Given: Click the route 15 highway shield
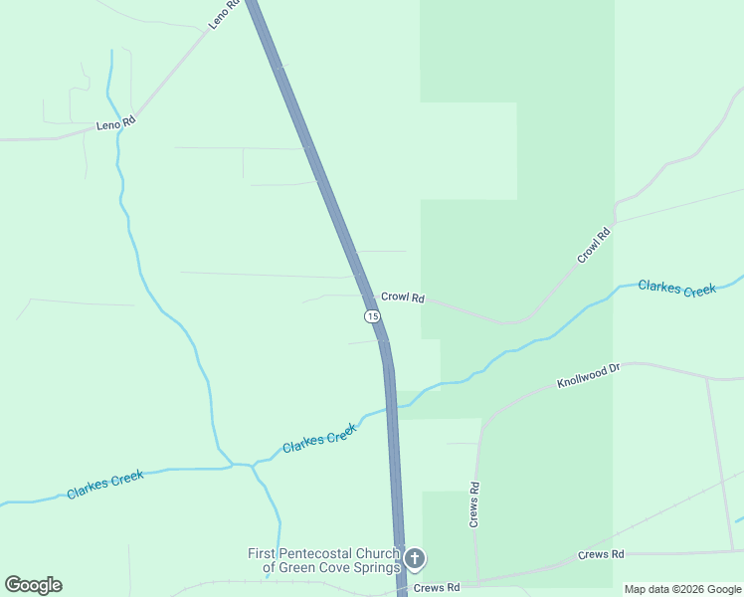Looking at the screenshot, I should click(x=371, y=315).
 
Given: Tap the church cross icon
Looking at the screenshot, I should click(x=415, y=558).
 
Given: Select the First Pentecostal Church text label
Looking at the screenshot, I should click(x=325, y=561).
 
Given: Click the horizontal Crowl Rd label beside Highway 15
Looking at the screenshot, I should click(x=403, y=298).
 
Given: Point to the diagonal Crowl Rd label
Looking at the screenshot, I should click(x=594, y=247).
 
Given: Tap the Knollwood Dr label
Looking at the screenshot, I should click(x=588, y=375).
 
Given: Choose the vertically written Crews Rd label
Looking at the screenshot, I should click(x=474, y=504).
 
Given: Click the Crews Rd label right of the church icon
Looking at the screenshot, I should click(x=439, y=588).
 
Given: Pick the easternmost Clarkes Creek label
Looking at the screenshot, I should click(x=676, y=289).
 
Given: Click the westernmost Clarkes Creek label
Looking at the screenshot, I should click(x=105, y=485).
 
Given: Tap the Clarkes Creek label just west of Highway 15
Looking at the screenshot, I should click(x=319, y=438).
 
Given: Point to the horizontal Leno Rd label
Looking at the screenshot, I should click(x=115, y=124).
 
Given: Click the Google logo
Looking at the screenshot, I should click(x=33, y=585).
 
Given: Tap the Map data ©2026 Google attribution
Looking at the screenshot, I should click(x=682, y=589).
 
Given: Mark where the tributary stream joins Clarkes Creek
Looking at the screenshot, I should click(x=235, y=465).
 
